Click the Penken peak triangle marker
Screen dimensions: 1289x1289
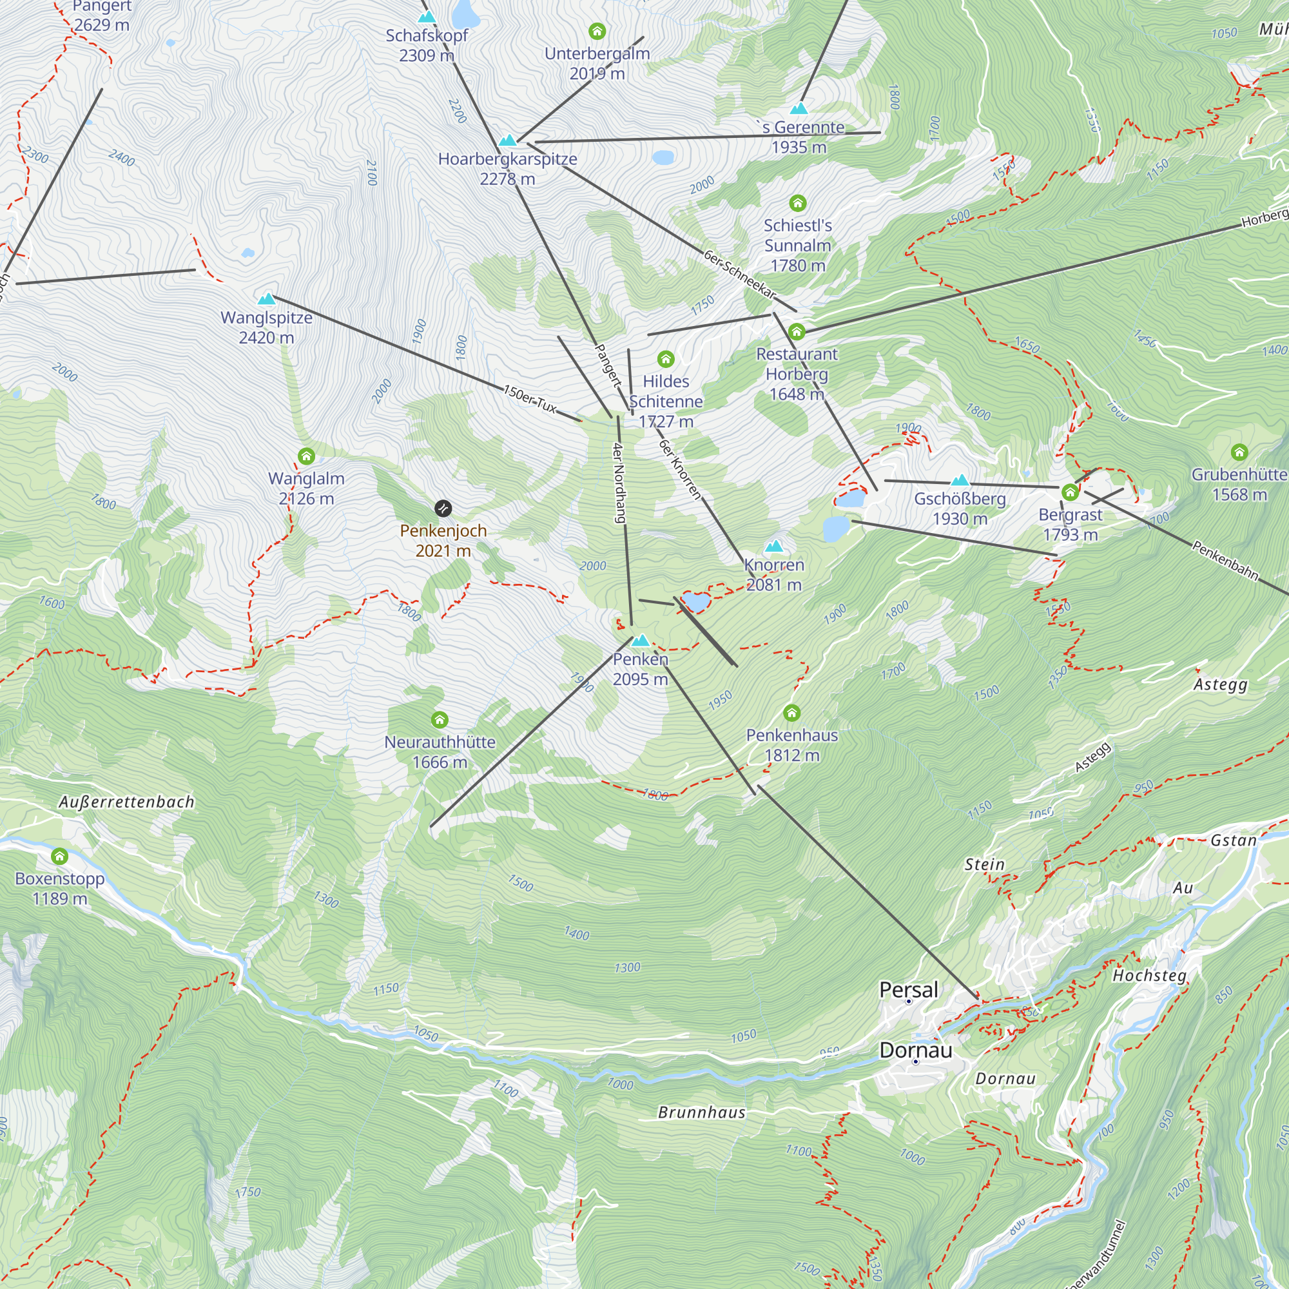pyautogui.click(x=641, y=641)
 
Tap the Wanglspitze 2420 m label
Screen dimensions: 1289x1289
pyautogui.click(x=266, y=327)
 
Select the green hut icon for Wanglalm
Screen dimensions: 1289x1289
pyautogui.click(x=306, y=456)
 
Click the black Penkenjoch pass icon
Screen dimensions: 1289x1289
pyautogui.click(x=443, y=509)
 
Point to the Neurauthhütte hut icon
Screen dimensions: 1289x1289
pyautogui.click(x=439, y=720)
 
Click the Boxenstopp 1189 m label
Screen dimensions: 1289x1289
pyautogui.click(x=59, y=888)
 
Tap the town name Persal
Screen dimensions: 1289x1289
pyautogui.click(x=908, y=989)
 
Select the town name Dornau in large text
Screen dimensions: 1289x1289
pyautogui.click(x=915, y=1050)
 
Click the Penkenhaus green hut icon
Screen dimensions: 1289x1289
pyautogui.click(x=791, y=713)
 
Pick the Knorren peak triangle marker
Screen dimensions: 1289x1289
pyautogui.click(x=774, y=547)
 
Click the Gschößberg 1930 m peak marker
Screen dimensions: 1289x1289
pyautogui.click(x=960, y=480)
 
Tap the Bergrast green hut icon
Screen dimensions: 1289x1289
pyautogui.click(x=1070, y=492)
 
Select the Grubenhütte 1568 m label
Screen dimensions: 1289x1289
pyautogui.click(x=1239, y=485)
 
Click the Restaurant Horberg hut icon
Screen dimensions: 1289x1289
pyautogui.click(x=797, y=331)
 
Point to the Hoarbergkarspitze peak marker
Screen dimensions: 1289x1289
pyautogui.click(x=508, y=140)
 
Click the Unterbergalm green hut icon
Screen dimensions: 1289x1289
pyautogui.click(x=597, y=31)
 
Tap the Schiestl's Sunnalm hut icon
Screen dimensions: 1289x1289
pyautogui.click(x=797, y=203)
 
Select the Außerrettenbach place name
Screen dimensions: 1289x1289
pyautogui.click(x=127, y=802)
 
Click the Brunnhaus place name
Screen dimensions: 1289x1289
pyautogui.click(x=701, y=1112)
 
